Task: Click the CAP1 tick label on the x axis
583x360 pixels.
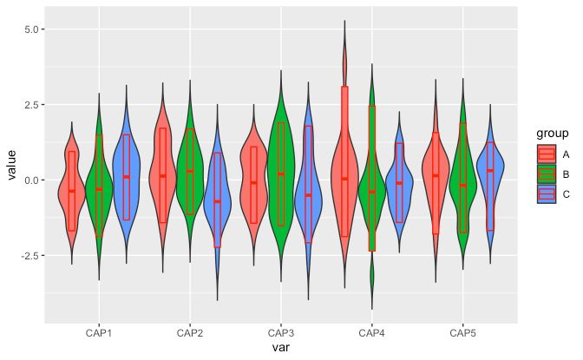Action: [98, 333]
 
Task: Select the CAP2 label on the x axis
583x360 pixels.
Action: [189, 333]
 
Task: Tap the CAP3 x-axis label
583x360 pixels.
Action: [280, 333]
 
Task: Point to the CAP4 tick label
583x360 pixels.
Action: [371, 333]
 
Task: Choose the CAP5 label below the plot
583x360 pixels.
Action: [462, 333]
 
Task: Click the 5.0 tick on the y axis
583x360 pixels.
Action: [34, 29]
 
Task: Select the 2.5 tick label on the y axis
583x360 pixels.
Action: [34, 105]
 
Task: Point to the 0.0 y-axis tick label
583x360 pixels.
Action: [34, 180]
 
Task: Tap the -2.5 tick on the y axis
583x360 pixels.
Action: [32, 256]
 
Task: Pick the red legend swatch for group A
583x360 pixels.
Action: [547, 154]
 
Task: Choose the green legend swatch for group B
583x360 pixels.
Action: [547, 174]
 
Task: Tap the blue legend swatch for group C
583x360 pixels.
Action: [547, 194]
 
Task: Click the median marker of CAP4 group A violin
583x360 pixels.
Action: [344, 179]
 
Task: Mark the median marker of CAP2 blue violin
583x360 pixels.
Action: [217, 201]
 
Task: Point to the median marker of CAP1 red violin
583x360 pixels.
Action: [71, 191]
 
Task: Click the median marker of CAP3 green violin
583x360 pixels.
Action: [280, 174]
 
